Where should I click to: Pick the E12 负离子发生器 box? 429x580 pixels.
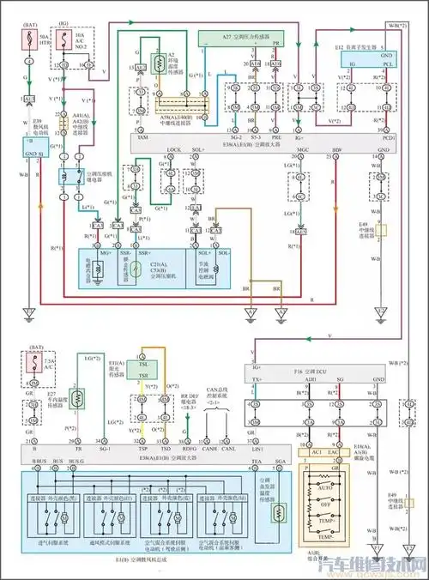pos(361,57)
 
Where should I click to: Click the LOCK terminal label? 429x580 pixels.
pos(174,149)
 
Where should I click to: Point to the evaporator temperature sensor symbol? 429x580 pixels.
pos(275,513)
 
